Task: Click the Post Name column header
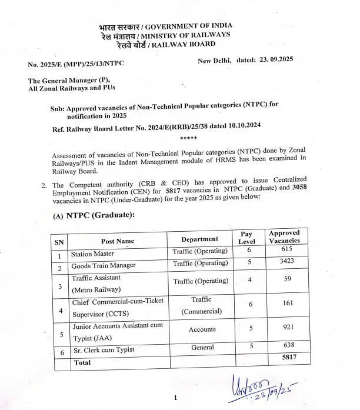coord(118,241)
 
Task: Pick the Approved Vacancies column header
coord(284,237)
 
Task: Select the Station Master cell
coord(92,255)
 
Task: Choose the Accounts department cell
coord(202,329)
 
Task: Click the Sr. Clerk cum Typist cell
coord(102,350)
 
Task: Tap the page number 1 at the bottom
coord(175,399)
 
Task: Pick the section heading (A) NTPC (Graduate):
coord(94,215)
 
